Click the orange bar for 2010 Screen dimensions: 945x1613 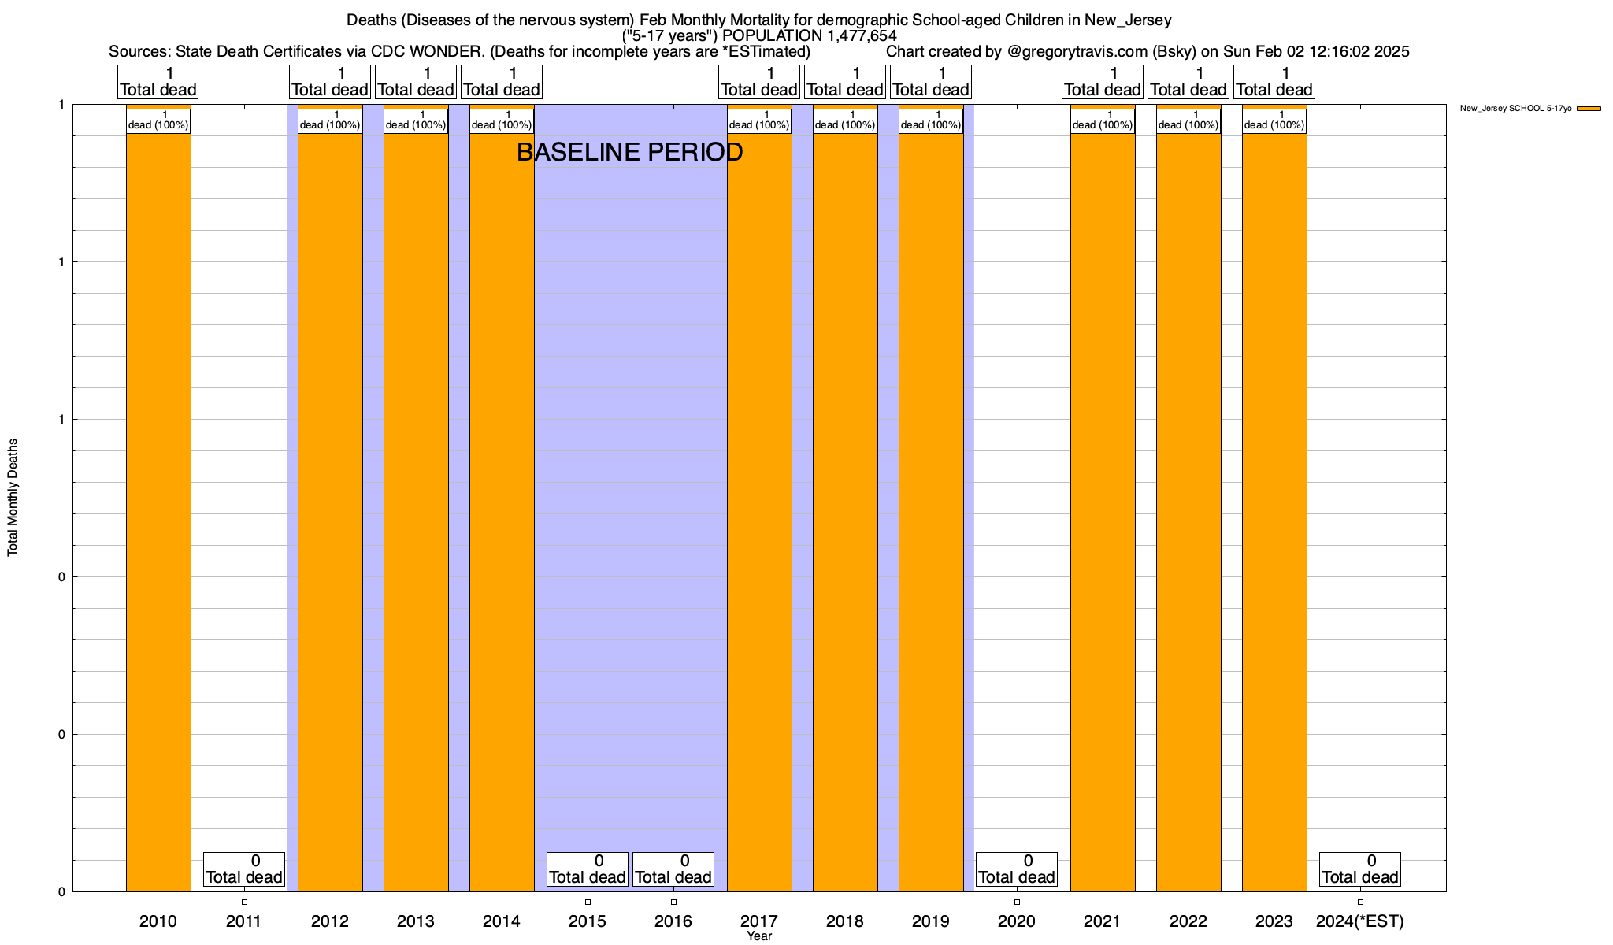[158, 512]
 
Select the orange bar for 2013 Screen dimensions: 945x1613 [416, 512]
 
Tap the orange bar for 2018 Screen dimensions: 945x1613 [845, 512]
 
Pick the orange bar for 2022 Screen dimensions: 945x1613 [1188, 512]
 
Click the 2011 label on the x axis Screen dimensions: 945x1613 [243, 921]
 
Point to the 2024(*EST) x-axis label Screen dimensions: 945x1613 [1359, 921]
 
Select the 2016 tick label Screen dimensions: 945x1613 [673, 921]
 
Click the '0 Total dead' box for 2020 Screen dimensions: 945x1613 [1016, 869]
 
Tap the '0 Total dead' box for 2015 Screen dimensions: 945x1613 [588, 869]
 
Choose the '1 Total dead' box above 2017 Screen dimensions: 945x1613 [759, 82]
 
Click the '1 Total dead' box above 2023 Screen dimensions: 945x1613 [1274, 82]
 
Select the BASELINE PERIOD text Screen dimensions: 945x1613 [629, 152]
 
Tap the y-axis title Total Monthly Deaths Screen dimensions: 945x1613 [13, 498]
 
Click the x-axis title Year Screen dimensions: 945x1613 [759, 936]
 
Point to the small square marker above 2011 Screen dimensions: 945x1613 [244, 902]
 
